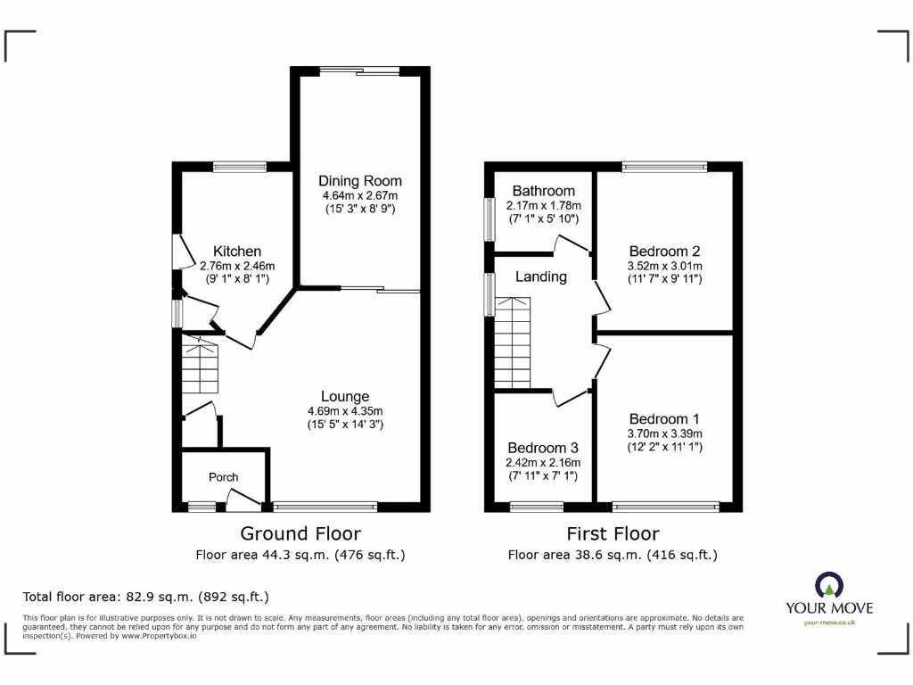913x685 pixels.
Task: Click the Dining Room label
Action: click(x=360, y=181)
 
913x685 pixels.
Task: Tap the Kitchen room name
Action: click(x=237, y=252)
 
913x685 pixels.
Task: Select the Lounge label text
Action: click(x=345, y=396)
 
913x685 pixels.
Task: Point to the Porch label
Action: click(x=224, y=477)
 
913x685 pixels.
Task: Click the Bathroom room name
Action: click(x=543, y=191)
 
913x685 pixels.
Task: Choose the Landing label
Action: click(x=541, y=276)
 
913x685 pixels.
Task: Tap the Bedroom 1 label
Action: click(x=664, y=419)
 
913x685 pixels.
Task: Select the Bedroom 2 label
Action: click(x=664, y=252)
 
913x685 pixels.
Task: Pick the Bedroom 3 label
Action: click(x=543, y=448)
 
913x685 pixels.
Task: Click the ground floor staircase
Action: click(x=200, y=366)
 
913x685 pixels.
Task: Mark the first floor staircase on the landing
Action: click(x=513, y=343)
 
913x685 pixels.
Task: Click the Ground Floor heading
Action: click(x=300, y=533)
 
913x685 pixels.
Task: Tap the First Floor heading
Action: click(x=613, y=533)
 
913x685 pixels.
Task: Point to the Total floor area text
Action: click(x=145, y=597)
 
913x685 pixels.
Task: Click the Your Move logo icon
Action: click(x=828, y=586)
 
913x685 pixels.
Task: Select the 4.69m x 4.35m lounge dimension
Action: click(x=345, y=410)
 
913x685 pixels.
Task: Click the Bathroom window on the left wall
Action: click(x=489, y=219)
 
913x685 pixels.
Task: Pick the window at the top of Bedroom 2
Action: click(x=664, y=166)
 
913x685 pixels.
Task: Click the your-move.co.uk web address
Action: click(x=829, y=623)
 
